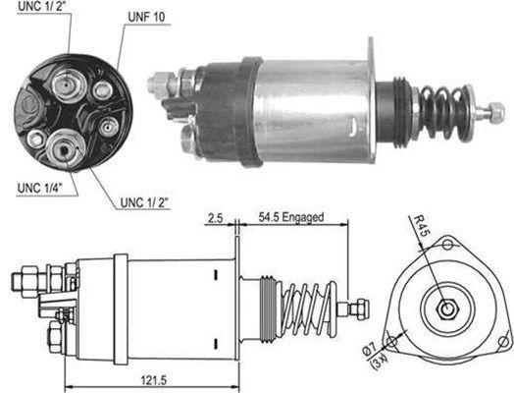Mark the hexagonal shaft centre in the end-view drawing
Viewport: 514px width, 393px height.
pos(446,309)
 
